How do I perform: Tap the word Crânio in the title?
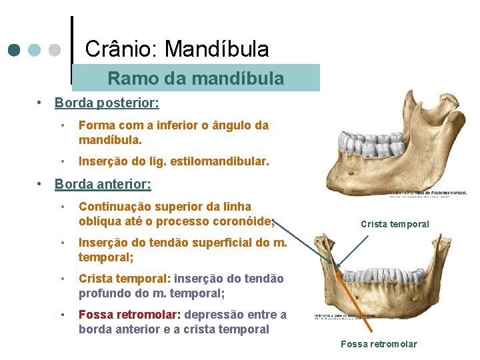[121, 49]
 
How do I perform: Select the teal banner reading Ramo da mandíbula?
[195, 78]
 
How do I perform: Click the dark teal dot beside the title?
[15, 50]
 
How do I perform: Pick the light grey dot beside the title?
[55, 50]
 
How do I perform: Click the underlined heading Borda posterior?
[107, 103]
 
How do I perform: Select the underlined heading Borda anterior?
[103, 183]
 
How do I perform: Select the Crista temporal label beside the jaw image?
[395, 224]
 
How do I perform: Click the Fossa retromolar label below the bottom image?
[379, 344]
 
